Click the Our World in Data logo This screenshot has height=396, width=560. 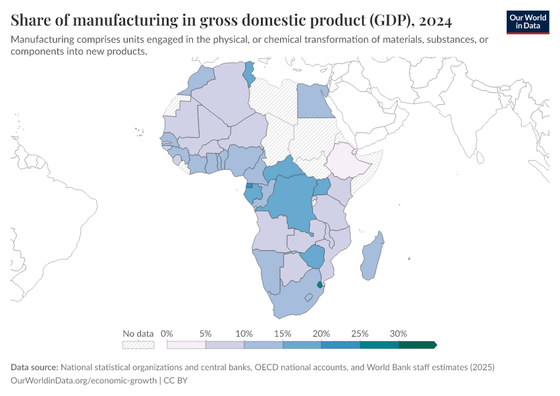pos(528,22)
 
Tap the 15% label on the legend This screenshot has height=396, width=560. pos(282,333)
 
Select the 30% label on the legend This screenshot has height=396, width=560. pos(398,333)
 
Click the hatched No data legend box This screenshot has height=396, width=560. pos(138,345)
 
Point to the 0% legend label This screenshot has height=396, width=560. pos(167,333)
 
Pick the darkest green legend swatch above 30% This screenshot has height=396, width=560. pos(417,345)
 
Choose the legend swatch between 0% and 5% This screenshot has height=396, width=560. pos(186,345)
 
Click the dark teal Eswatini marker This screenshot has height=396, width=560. pos(320,285)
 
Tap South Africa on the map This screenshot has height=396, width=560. pos(290,300)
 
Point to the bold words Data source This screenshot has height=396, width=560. pos(34,367)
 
